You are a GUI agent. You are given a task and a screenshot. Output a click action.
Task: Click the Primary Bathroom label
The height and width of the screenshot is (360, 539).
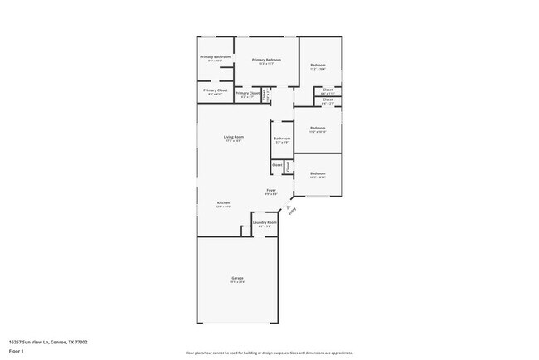point(215,56)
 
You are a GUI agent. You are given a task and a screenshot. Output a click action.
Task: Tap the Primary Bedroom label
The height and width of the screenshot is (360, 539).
point(266,60)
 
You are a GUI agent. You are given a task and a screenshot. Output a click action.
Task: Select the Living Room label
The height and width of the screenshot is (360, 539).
point(233,137)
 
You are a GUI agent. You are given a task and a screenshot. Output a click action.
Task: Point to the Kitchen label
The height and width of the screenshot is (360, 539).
point(223,203)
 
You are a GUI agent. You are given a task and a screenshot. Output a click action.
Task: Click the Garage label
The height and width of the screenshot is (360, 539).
point(237,278)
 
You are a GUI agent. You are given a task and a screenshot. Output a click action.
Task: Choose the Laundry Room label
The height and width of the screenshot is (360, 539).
point(265,222)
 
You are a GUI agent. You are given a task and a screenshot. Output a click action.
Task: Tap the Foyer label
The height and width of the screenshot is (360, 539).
point(271,191)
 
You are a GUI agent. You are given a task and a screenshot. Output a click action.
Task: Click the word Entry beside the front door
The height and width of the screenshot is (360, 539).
point(291,211)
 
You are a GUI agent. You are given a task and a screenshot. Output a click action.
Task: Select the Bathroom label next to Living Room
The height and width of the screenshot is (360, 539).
point(282,138)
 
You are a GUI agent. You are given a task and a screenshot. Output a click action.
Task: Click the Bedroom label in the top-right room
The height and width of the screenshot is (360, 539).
point(318,65)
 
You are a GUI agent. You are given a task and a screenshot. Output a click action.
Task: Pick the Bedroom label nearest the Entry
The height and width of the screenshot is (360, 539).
point(318,173)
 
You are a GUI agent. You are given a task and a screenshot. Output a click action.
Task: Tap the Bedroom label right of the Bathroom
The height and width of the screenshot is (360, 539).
point(318,128)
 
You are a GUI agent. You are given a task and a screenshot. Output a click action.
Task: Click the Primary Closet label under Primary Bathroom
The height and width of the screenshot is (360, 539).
point(215,90)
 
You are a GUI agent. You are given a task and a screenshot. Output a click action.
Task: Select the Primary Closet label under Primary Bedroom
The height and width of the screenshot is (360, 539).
point(247,93)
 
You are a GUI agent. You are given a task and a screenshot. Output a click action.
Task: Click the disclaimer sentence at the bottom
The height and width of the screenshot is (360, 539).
point(269,353)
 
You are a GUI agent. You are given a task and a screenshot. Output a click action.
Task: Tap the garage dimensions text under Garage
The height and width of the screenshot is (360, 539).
point(237,282)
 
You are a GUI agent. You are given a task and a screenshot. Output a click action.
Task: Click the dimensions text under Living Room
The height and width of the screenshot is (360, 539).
point(233,141)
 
